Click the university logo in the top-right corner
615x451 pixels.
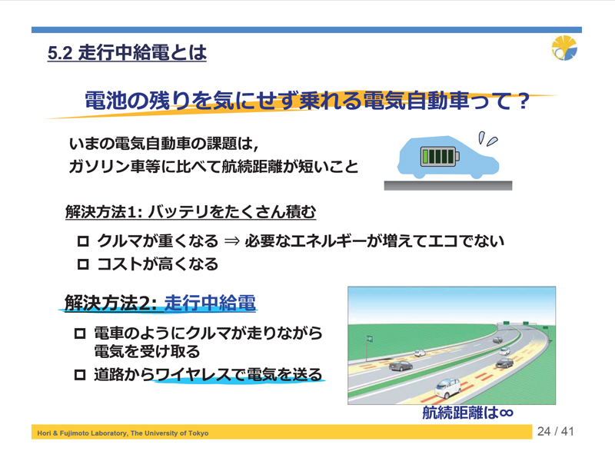pyautogui.click(x=564, y=48)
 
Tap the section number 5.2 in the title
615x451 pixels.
pyautogui.click(x=60, y=53)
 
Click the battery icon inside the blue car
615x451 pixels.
pyautogui.click(x=440, y=156)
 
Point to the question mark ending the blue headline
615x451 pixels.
pyautogui.click(x=524, y=101)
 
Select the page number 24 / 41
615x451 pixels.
pyautogui.click(x=555, y=432)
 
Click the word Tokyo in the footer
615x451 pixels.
pyautogui.click(x=198, y=433)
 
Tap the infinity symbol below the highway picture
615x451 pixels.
pyautogui.click(x=506, y=413)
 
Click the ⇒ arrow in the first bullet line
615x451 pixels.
pyautogui.click(x=231, y=241)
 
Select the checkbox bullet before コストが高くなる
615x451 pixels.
pyautogui.click(x=83, y=264)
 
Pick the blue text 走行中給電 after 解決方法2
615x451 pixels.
pyautogui.click(x=210, y=303)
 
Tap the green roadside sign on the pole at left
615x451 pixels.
pyautogui.click(x=369, y=339)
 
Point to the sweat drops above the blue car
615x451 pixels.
pyautogui.click(x=487, y=139)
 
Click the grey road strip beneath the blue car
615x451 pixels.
pyautogui.click(x=448, y=185)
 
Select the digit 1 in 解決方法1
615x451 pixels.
pyautogui.click(x=131, y=212)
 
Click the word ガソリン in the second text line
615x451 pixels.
pyautogui.click(x=99, y=167)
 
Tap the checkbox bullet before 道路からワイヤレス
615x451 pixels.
pyautogui.click(x=80, y=375)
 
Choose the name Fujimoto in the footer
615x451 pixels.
pyautogui.click(x=73, y=433)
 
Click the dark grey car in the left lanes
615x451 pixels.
pyautogui.click(x=401, y=366)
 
